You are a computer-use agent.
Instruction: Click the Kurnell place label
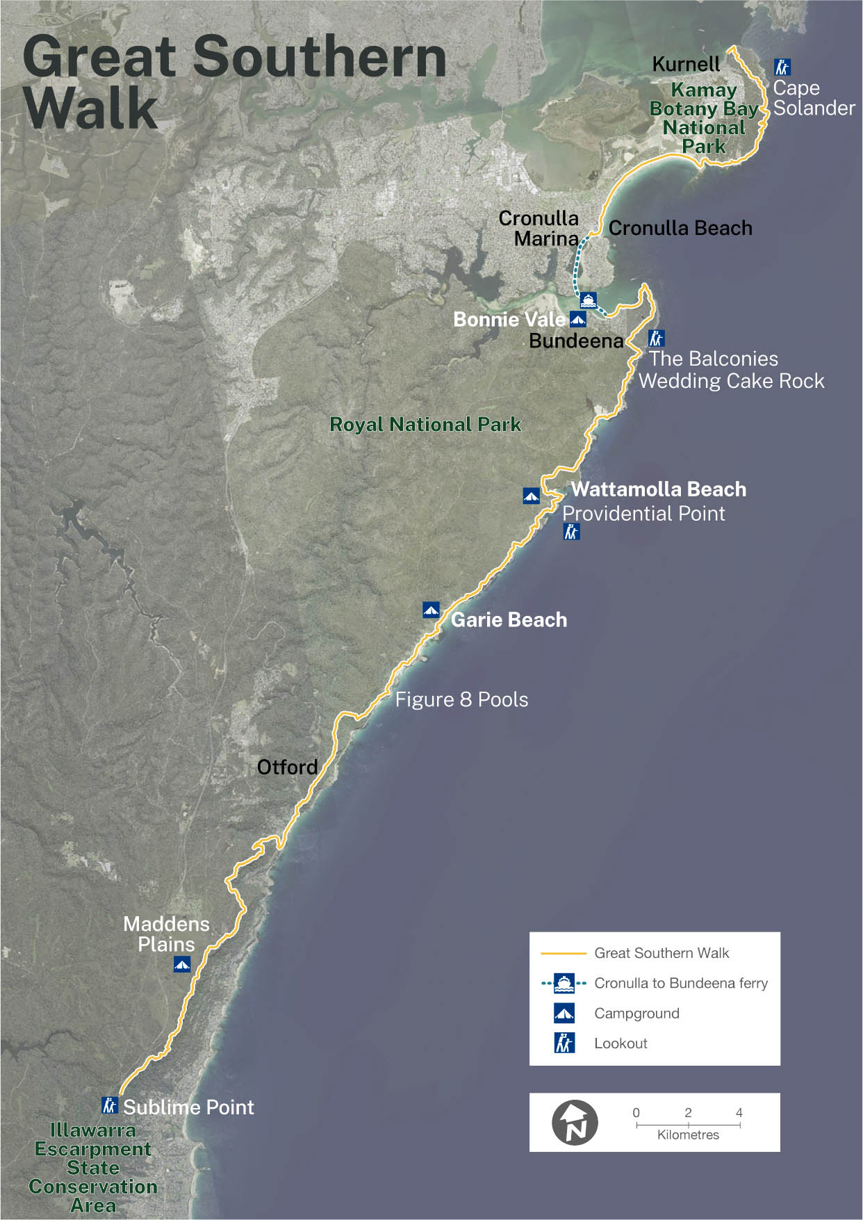(686, 65)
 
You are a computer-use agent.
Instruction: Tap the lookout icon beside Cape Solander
(782, 67)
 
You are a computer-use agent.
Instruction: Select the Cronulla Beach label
(680, 228)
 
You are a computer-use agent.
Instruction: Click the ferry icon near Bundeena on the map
(589, 300)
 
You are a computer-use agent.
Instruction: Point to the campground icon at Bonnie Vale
(577, 319)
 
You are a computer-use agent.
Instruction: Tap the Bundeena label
(576, 341)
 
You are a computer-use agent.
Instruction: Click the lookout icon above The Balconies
(657, 339)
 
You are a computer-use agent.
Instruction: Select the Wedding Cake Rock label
(732, 381)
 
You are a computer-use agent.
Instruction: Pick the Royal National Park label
(425, 424)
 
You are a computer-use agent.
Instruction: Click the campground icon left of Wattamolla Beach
(532, 496)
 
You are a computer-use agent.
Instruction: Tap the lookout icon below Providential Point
(571, 532)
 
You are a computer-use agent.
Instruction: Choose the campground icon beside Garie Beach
(431, 610)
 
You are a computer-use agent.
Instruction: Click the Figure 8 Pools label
(461, 699)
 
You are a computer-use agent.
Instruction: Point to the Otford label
(287, 767)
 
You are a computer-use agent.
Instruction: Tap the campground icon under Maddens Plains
(182, 964)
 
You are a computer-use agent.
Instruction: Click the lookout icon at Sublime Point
(110, 1105)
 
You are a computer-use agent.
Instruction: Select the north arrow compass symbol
(575, 1123)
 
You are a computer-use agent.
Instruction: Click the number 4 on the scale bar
(739, 1112)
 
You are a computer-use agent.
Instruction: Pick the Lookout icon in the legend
(564, 1043)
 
